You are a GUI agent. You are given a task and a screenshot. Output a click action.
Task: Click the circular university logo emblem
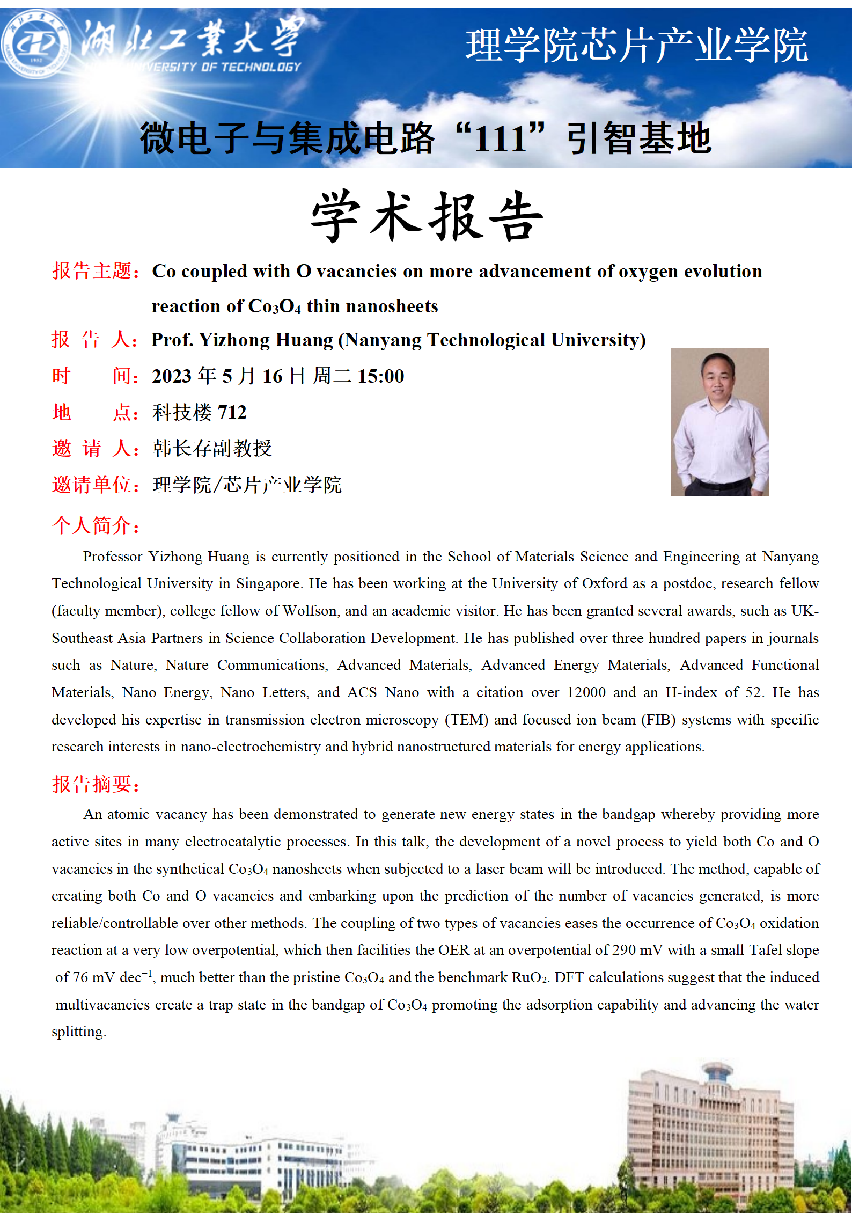click(x=35, y=45)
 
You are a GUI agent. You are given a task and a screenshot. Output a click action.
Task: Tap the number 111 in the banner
click(x=500, y=139)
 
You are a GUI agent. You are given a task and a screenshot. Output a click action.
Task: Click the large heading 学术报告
click(x=427, y=216)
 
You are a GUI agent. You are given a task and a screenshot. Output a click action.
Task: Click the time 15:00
click(x=380, y=376)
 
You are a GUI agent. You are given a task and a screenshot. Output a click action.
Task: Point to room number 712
click(x=232, y=412)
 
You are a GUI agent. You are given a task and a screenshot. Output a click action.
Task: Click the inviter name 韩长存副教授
click(x=212, y=448)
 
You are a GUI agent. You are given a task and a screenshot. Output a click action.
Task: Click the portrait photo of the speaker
click(x=719, y=422)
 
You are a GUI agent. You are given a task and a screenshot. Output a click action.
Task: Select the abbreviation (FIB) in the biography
click(x=658, y=720)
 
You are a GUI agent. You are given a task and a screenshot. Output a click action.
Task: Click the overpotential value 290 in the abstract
click(x=623, y=950)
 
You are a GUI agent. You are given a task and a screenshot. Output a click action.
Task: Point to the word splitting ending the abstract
click(x=78, y=1032)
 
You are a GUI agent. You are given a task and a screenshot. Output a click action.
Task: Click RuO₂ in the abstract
click(x=530, y=977)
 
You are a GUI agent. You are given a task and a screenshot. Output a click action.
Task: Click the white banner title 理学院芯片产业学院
click(x=636, y=46)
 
